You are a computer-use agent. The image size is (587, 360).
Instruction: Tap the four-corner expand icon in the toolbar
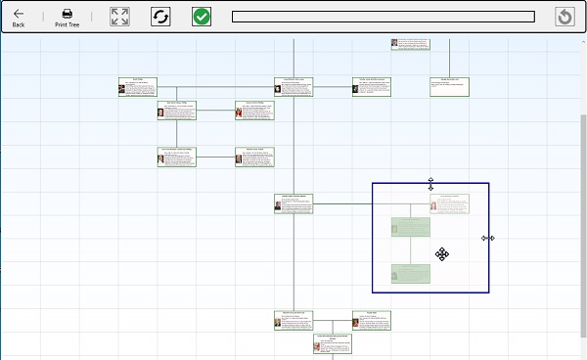[119, 17]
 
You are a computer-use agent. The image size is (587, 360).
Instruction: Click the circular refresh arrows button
[160, 17]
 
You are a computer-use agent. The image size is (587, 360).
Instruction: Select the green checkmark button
[202, 17]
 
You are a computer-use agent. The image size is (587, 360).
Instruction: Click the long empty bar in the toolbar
[383, 17]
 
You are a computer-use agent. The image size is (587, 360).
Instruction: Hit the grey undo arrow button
[564, 17]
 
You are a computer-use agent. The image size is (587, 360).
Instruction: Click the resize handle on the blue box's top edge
[430, 183]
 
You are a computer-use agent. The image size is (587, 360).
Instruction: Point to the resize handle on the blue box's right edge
[488, 238]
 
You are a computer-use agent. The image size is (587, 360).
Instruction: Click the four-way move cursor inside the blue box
[442, 254]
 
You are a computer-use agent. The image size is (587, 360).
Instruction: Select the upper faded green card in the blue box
[411, 227]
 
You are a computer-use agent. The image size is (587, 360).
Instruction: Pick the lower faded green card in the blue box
[411, 274]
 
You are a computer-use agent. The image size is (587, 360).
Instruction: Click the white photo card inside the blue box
[449, 203]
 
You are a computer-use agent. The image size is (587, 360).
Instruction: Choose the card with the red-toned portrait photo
[254, 111]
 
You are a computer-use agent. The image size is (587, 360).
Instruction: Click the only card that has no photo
[450, 87]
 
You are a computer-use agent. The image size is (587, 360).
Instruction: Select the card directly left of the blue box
[293, 203]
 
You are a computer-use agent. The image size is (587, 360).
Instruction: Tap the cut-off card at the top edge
[410, 44]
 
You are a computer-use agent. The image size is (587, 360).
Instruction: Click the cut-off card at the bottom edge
[333, 343]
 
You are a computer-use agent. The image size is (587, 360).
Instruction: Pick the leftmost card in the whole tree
[137, 87]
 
